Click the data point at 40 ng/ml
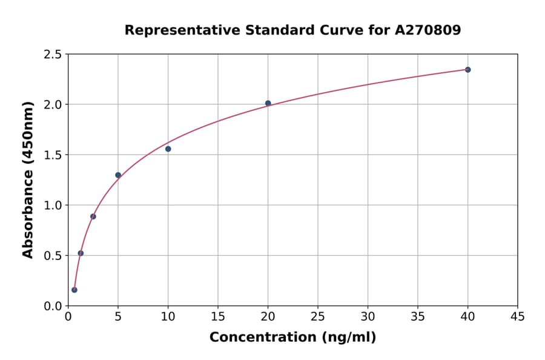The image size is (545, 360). click(467, 70)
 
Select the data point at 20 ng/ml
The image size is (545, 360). click(268, 103)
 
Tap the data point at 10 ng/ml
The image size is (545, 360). click(168, 148)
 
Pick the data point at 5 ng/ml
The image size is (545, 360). click(118, 175)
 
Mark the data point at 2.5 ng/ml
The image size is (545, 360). click(93, 216)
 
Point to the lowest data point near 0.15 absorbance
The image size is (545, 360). click(74, 290)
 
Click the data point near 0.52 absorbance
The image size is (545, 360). click(81, 253)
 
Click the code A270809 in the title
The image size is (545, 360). click(428, 30)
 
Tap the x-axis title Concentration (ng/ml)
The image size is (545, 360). click(292, 338)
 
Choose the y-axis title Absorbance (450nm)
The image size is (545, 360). click(28, 180)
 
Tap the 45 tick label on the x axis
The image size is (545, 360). click(517, 317)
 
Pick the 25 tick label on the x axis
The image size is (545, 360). click(318, 317)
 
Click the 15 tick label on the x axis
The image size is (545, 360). click(218, 317)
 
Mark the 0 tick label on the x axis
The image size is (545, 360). click(68, 317)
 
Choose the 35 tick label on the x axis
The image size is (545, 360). click(418, 317)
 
